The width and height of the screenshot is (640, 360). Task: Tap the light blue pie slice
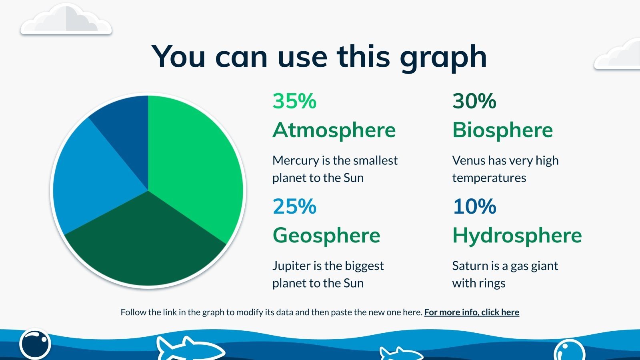coord(94,177)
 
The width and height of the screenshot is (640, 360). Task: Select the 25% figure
coord(294,206)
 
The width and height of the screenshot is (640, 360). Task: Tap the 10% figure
coord(474,206)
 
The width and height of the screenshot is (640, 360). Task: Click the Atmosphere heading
coord(334,131)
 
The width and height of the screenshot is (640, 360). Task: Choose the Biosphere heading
coord(502,131)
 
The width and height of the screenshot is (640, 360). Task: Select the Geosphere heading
coord(326,236)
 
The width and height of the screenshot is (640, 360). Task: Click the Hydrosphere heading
coord(517,236)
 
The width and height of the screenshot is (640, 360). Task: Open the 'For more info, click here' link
coord(472,312)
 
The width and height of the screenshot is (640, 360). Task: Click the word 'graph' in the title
coord(444,58)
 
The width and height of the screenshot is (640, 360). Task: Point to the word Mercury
coord(296,161)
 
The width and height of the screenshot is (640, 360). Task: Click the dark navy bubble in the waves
coord(35,345)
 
